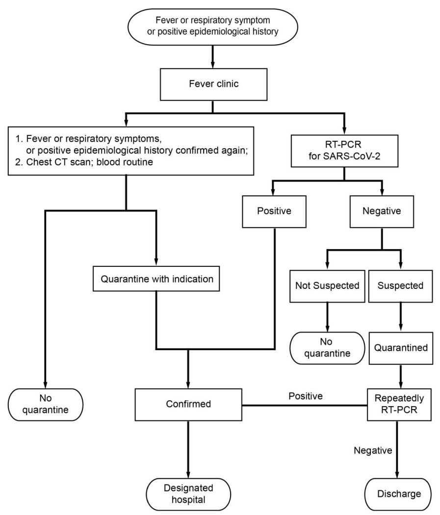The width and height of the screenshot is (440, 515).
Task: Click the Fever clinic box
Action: [213, 84]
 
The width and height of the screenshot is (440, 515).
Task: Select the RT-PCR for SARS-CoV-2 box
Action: [344, 151]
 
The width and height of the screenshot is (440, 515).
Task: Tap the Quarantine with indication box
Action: [156, 279]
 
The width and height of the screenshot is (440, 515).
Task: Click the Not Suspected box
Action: [327, 286]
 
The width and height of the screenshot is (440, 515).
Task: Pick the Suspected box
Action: [401, 286]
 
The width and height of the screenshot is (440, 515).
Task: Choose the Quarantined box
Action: [401, 348]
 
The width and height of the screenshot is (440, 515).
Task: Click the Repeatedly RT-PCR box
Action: [399, 405]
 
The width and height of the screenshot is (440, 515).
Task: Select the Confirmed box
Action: [188, 405]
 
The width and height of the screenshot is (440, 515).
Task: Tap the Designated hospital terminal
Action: [188, 494]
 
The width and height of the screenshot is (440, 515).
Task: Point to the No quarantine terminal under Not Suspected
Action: [327, 348]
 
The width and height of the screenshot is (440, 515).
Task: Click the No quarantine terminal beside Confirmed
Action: [46, 405]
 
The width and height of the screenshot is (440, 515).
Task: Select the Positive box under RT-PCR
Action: [274, 211]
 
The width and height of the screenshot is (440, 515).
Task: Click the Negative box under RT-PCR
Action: [382, 211]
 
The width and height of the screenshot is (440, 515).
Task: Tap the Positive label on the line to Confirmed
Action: [306, 396]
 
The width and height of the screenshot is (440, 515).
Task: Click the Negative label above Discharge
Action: [373, 450]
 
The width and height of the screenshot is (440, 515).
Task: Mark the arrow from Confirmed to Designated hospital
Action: [188, 450]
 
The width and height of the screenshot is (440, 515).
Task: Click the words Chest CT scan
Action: [56, 162]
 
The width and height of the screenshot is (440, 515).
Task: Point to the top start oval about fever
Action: [213, 26]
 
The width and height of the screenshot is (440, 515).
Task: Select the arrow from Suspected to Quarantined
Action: [401, 317]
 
